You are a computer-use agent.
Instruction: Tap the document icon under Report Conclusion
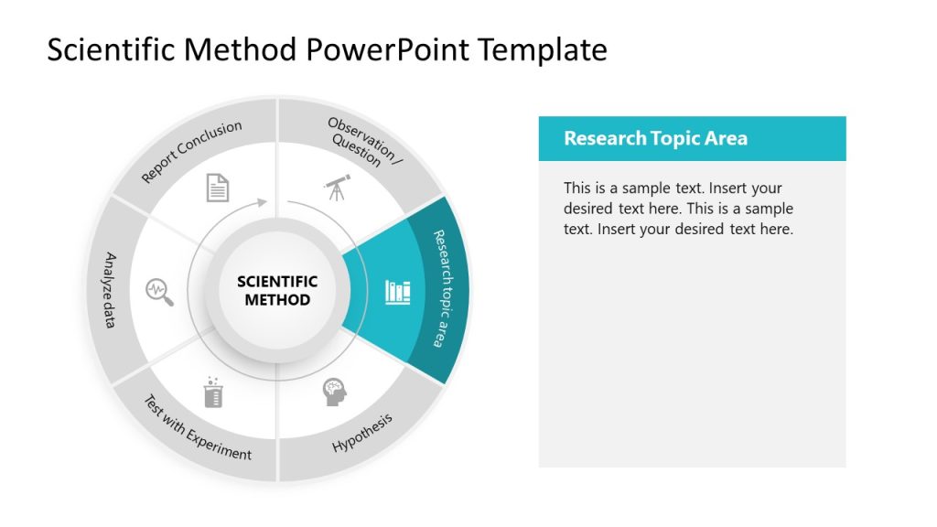tap(218, 187)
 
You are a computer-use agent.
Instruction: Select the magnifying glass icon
tap(160, 291)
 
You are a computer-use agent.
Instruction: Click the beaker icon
tap(213, 393)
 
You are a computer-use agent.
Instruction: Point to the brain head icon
tap(335, 393)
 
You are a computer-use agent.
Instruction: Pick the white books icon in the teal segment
tap(398, 292)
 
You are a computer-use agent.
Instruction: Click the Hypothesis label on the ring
tap(362, 433)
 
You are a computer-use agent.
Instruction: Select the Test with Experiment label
tap(197, 427)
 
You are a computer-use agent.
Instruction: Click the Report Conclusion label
tap(192, 151)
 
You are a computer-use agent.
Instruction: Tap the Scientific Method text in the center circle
tap(277, 291)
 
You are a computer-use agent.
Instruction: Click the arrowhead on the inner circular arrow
tap(264, 201)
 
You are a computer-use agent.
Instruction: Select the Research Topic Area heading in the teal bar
tap(655, 139)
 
